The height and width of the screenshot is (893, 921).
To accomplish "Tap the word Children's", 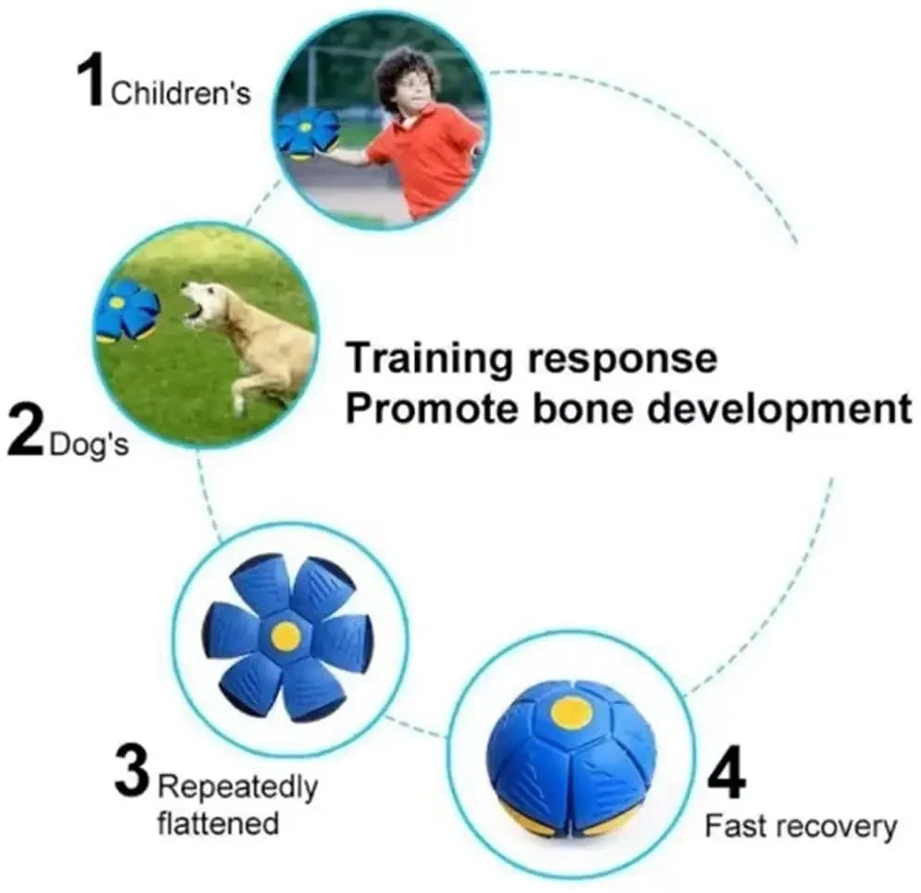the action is (x=181, y=94).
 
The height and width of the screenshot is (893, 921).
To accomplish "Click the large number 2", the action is (x=27, y=432).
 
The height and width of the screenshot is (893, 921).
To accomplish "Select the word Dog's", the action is (x=89, y=444).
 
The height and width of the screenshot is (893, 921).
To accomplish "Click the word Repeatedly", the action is (x=238, y=788).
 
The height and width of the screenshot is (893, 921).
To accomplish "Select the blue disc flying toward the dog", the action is (x=127, y=311).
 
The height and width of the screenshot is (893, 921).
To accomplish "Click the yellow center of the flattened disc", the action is (x=285, y=635).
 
